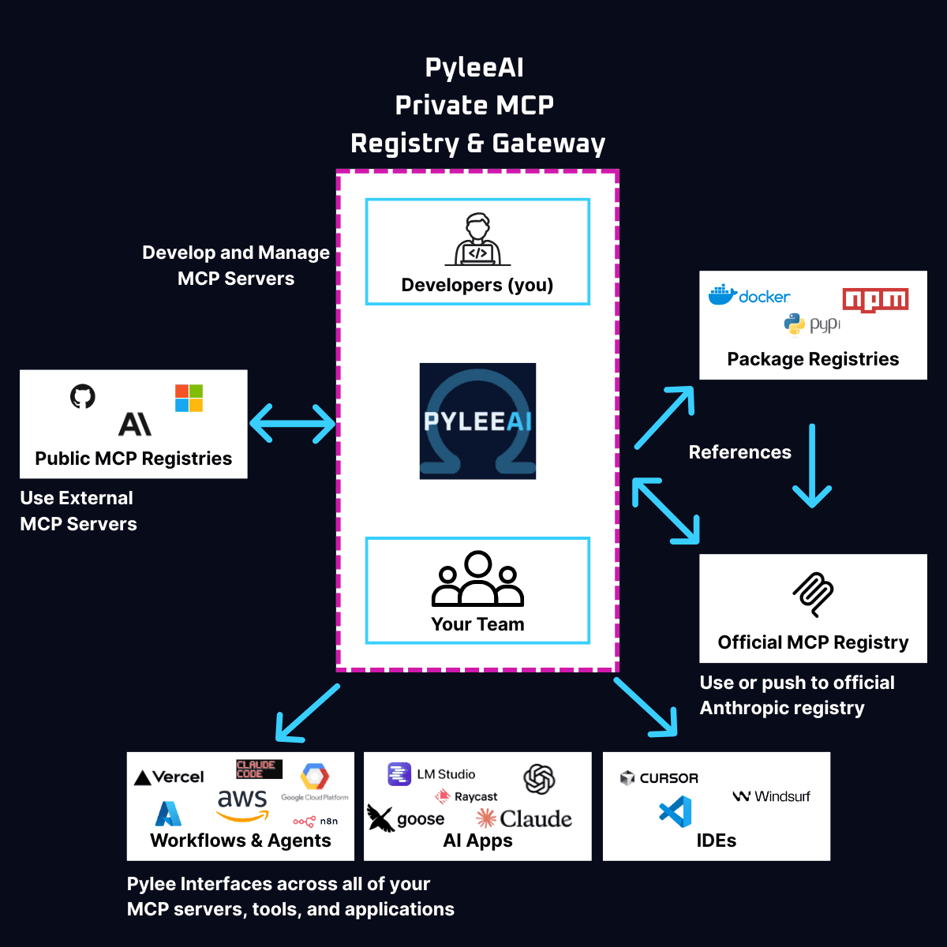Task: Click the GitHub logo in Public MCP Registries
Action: coord(83,396)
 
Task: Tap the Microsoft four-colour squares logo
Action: coord(189,399)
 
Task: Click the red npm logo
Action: coord(875,300)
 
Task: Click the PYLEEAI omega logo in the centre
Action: coord(477,421)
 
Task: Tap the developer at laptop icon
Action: coord(477,240)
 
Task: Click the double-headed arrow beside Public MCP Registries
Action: coord(293,424)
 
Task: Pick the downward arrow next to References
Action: coord(812,466)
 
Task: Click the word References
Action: coord(739,452)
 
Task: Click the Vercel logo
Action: coord(170,777)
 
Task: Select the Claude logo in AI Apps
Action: coord(524,818)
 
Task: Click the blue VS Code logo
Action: coord(676,812)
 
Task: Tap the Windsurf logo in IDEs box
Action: coord(772,796)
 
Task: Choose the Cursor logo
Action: coord(660,778)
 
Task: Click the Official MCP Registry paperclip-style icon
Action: coord(813,594)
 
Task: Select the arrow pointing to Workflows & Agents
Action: coord(307,713)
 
